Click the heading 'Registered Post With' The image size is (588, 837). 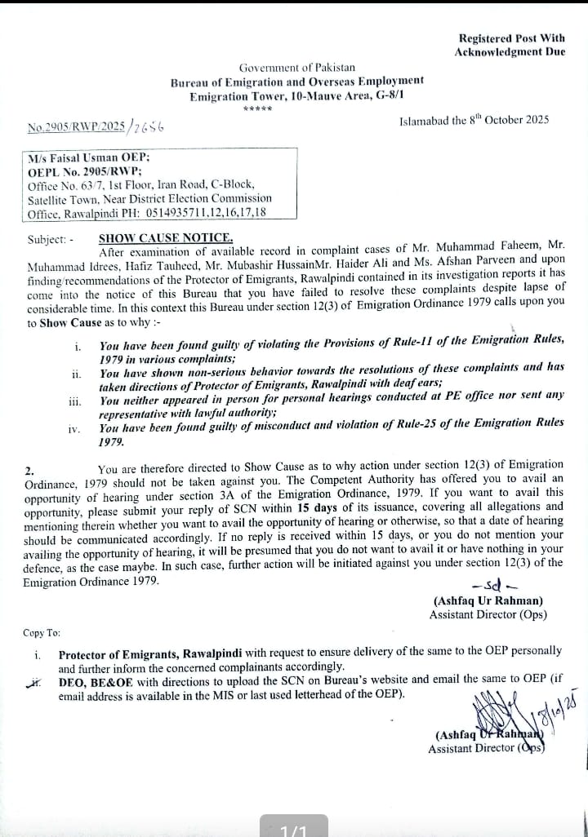(x=511, y=38)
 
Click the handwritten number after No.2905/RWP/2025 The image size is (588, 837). (x=150, y=126)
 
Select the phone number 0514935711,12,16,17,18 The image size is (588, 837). (x=207, y=213)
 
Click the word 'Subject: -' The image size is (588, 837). (x=50, y=240)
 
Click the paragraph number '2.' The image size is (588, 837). (x=29, y=471)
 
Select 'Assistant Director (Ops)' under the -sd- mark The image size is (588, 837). (x=488, y=615)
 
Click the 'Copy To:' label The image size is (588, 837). (x=42, y=633)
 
